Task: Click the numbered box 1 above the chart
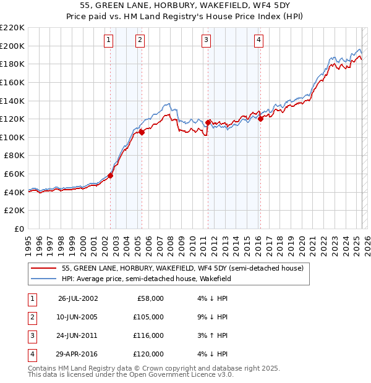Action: [109, 41]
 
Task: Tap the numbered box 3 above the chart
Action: [206, 41]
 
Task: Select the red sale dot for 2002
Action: [111, 175]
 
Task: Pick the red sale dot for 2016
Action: [260, 119]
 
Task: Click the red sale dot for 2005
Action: [142, 132]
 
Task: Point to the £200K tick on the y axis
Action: [12, 46]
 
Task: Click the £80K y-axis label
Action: [14, 156]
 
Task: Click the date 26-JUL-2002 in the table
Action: [78, 298]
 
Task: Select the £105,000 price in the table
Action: [149, 317]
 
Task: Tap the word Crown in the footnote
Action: [177, 368]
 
